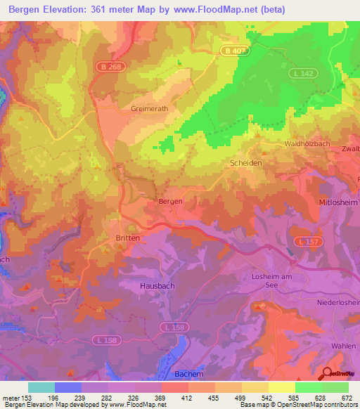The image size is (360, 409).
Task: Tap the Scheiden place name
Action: click(246, 162)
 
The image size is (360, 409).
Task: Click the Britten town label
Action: click(127, 238)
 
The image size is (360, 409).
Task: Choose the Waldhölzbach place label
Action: click(308, 143)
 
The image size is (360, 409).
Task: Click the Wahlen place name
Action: click(343, 346)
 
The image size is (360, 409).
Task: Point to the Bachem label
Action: click(188, 373)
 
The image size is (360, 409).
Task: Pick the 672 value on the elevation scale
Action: click(345, 397)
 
